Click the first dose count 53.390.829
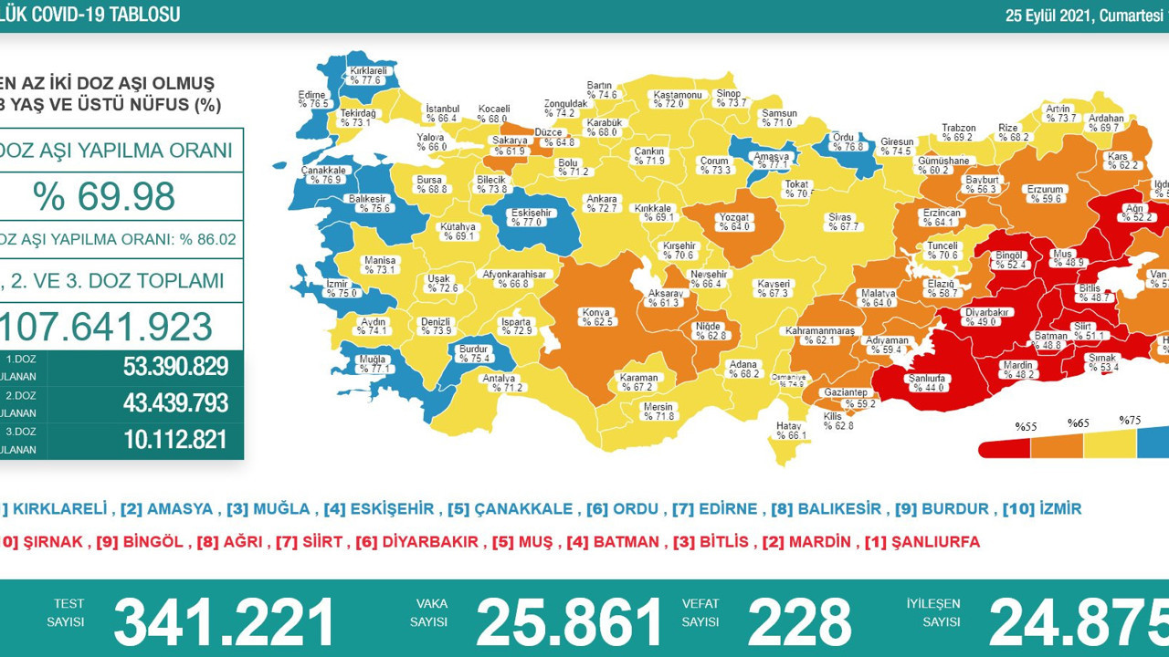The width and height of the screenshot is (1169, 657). point(175,367)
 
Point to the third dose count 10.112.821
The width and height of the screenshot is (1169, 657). point(175,440)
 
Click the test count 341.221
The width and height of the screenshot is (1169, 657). point(224,622)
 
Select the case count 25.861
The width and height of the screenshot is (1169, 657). point(569,622)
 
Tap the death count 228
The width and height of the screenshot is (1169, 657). point(799,622)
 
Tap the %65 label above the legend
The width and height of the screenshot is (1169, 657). point(1080,423)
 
